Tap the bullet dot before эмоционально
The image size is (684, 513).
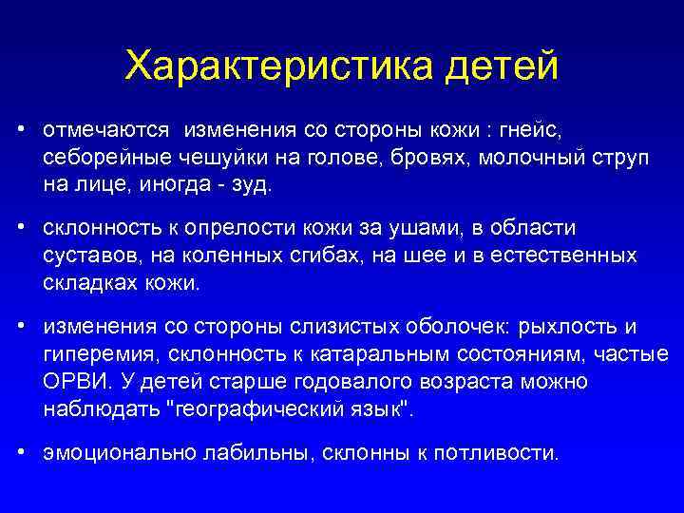(21, 453)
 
